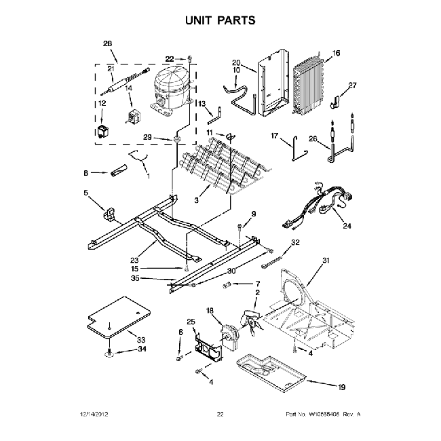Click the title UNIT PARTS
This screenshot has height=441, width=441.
click(x=220, y=20)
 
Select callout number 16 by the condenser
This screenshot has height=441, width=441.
click(x=336, y=53)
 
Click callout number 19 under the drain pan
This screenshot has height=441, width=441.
click(x=341, y=387)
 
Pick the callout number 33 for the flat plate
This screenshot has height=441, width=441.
click(x=141, y=339)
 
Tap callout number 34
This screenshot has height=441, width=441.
click(x=141, y=350)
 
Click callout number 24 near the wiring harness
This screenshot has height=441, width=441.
click(x=347, y=226)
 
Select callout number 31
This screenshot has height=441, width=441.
click(x=326, y=261)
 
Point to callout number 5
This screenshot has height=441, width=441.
click(x=86, y=193)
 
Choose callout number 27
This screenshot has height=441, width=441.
click(x=352, y=85)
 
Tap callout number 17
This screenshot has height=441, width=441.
click(x=275, y=135)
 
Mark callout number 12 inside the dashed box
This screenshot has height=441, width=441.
click(x=102, y=103)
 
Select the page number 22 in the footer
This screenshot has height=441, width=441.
click(x=220, y=414)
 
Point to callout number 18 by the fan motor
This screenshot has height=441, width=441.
click(x=210, y=310)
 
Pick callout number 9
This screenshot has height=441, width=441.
click(x=254, y=214)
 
